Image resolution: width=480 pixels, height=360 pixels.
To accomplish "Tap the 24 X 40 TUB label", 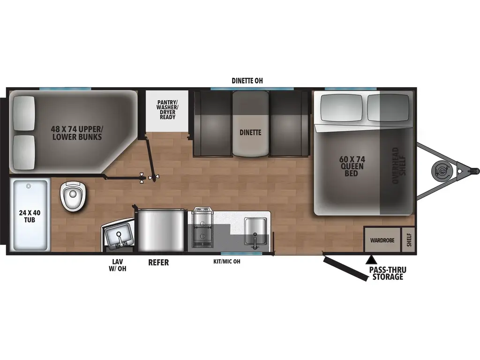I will tap(30, 216).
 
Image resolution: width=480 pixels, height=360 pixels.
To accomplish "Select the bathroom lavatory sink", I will tap(118, 234).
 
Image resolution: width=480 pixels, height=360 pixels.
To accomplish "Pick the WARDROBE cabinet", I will tap(382, 240).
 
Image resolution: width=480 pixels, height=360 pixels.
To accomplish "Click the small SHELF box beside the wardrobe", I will tap(409, 240).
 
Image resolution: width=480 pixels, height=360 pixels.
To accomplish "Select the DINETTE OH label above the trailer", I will tap(247, 81).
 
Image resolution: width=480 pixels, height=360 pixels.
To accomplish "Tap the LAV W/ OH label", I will tap(119, 266).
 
